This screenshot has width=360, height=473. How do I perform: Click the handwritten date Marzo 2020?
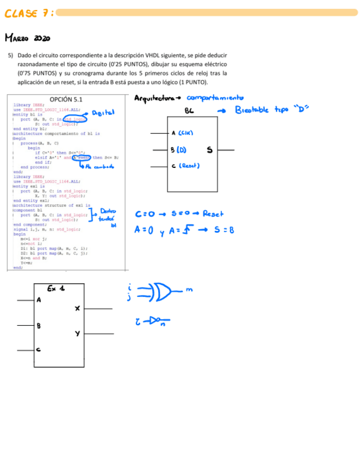[28, 38]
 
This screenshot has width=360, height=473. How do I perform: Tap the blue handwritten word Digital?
[103, 113]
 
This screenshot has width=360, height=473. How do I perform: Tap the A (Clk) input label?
[182, 133]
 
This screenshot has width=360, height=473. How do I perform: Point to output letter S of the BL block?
[210, 149]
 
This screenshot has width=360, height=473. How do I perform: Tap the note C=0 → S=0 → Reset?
[179, 214]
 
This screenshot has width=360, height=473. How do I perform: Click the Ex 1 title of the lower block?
[56, 288]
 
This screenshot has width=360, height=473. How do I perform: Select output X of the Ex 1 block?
[77, 308]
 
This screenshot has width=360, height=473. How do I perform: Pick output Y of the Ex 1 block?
[77, 333]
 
